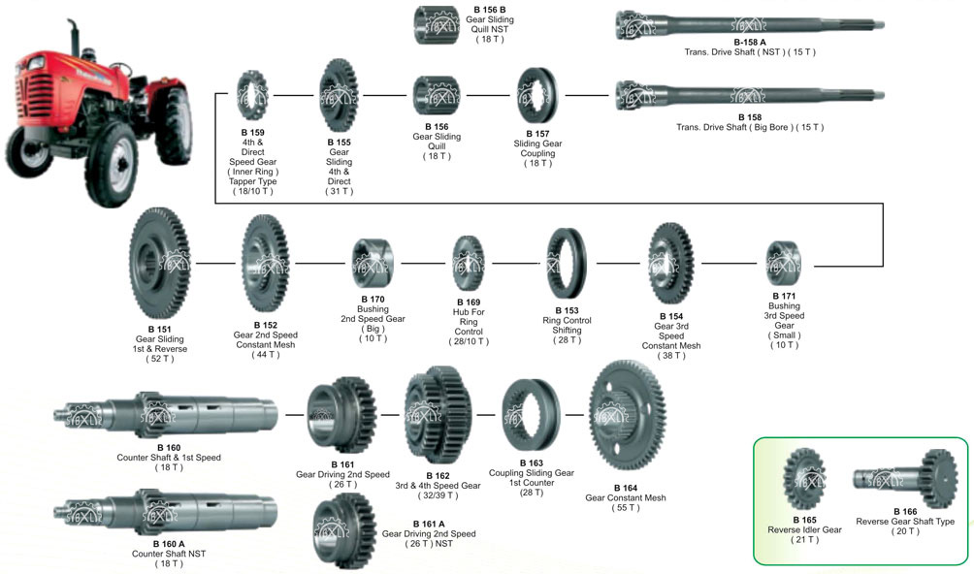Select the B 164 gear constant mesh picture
(627, 417)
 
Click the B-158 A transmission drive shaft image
(750, 24)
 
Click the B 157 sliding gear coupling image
(537, 95)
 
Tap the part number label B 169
(467, 302)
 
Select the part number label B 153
(567, 310)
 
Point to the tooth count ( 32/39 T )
(438, 495)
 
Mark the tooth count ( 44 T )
(265, 354)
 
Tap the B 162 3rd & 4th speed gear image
(438, 414)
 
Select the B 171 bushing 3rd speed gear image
(783, 263)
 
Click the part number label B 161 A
(346, 524)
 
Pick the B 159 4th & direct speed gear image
(252, 95)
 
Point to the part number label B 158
(749, 117)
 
